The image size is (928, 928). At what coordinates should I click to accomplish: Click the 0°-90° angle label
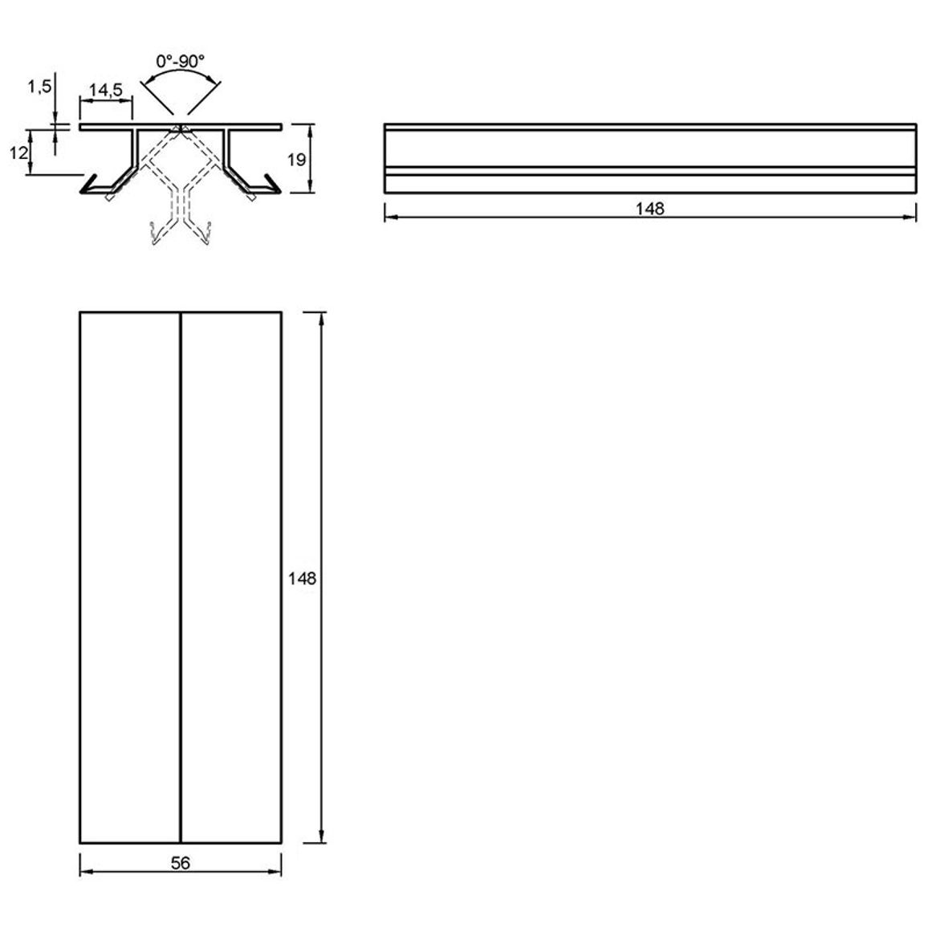click(x=180, y=60)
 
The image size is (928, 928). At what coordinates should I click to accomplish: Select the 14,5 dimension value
click(x=106, y=90)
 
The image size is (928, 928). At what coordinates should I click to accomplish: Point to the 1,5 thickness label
click(x=39, y=87)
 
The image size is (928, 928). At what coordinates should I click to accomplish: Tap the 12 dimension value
click(x=19, y=153)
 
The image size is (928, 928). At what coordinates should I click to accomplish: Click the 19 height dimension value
click(x=296, y=159)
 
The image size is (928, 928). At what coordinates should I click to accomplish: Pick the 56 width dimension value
click(x=180, y=863)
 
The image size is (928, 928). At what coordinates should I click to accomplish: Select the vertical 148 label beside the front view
click(x=303, y=578)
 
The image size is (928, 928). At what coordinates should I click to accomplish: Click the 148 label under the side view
click(x=649, y=209)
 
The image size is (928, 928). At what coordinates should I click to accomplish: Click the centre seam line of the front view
click(x=180, y=577)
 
